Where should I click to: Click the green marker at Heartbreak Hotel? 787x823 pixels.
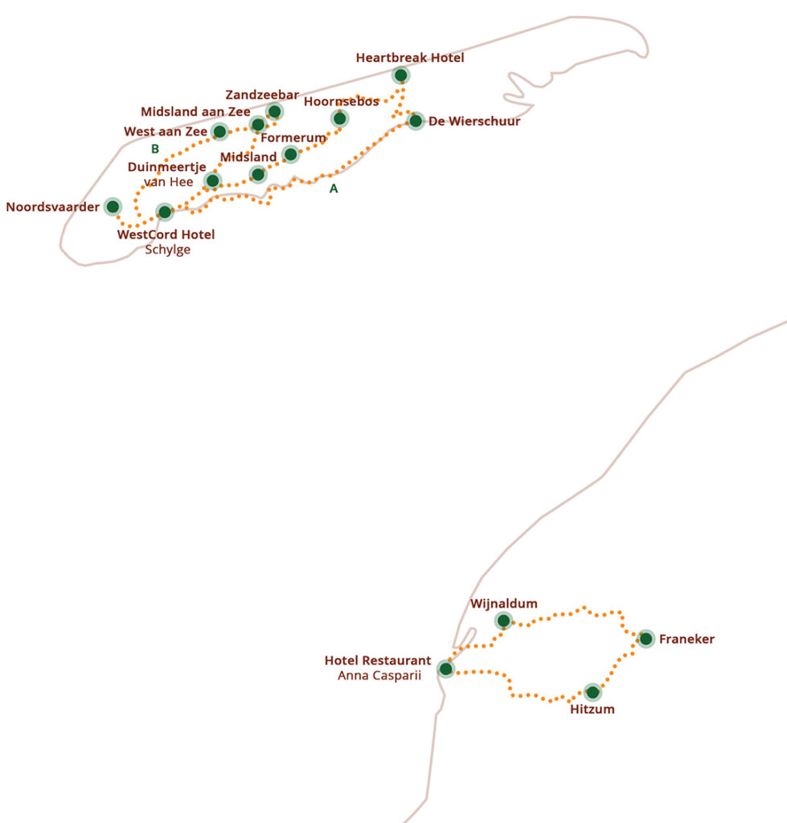pyautogui.click(x=400, y=76)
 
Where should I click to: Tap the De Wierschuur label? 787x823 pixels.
pyautogui.click(x=474, y=121)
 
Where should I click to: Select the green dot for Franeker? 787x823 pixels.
pyautogui.click(x=646, y=639)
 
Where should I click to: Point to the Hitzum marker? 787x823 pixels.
pyautogui.click(x=592, y=692)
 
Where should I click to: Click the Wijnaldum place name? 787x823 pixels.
pyautogui.click(x=504, y=604)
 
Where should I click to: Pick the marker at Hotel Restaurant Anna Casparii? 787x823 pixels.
pyautogui.click(x=445, y=669)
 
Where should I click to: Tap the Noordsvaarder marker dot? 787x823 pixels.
pyautogui.click(x=113, y=207)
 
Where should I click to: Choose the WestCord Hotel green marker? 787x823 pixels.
pyautogui.click(x=165, y=212)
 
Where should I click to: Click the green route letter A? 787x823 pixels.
pyautogui.click(x=334, y=189)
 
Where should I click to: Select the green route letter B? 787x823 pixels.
pyautogui.click(x=155, y=149)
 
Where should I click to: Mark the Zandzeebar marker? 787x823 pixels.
pyautogui.click(x=274, y=111)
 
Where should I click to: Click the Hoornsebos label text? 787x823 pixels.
pyautogui.click(x=341, y=101)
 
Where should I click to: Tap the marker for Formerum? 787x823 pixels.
pyautogui.click(x=291, y=154)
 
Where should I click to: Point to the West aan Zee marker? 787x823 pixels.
pyautogui.click(x=219, y=132)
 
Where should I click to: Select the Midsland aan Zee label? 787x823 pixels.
pyautogui.click(x=195, y=112)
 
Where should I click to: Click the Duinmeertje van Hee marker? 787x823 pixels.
pyautogui.click(x=211, y=181)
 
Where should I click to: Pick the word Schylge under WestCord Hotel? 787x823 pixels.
pyautogui.click(x=168, y=250)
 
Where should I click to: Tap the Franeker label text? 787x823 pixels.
pyautogui.click(x=687, y=640)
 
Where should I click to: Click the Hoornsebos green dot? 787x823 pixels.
pyautogui.click(x=339, y=119)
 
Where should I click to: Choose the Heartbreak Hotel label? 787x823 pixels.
pyautogui.click(x=410, y=58)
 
